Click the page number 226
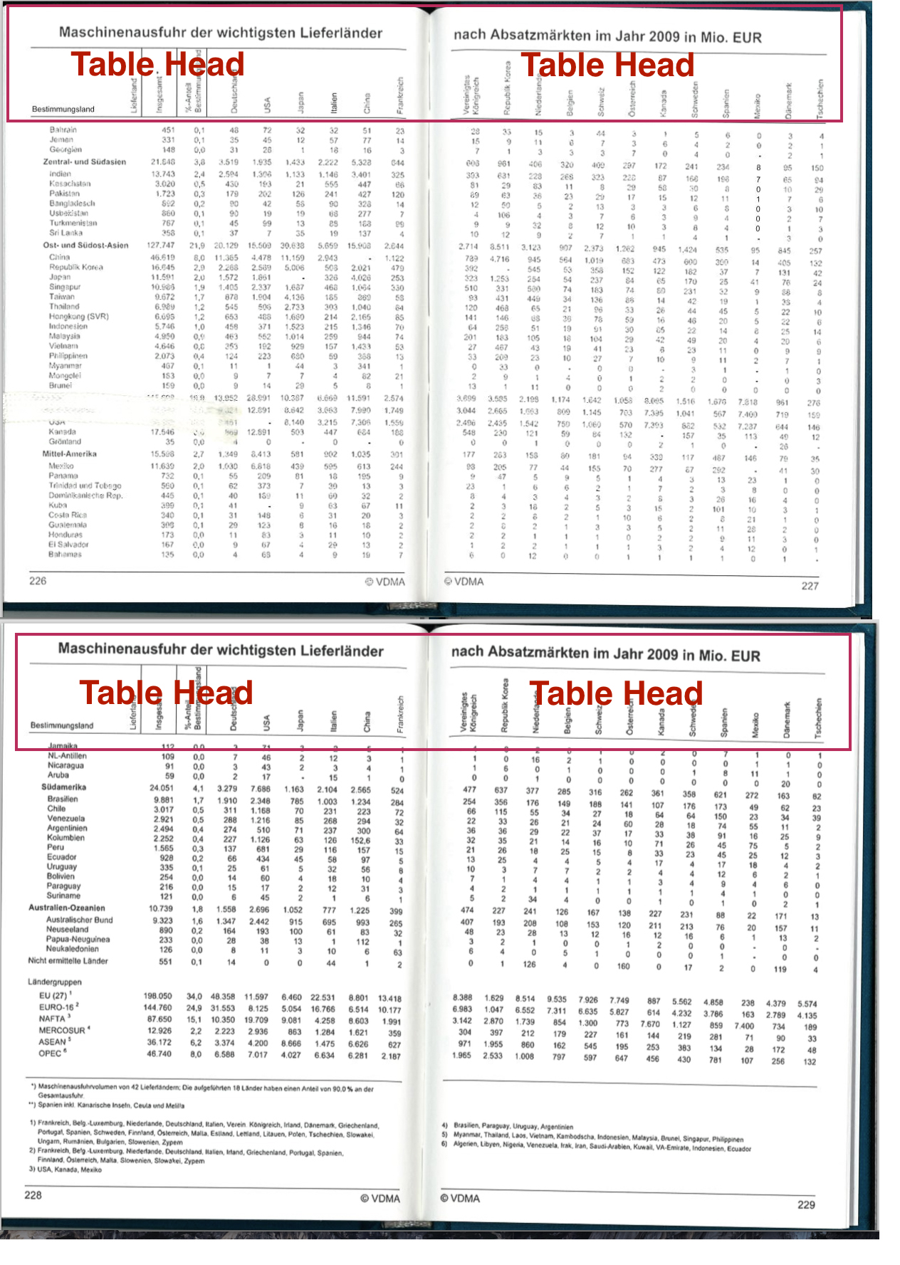pos(38,581)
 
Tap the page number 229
pos(806,1204)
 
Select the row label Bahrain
pos(63,130)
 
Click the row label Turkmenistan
pos(73,223)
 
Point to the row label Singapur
pos(65,287)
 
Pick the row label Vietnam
pos(63,346)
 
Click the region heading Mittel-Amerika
pos(70,453)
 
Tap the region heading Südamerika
pos(64,787)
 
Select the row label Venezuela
pos(66,819)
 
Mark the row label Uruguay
pos(62,867)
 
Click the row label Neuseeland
pos(68,930)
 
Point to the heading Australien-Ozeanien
pos(67,908)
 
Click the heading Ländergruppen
pos(55,982)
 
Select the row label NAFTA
pos(52,1019)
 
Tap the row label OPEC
pos(50,1053)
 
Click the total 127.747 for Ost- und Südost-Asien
pos(161,246)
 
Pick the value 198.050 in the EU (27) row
pos(158,997)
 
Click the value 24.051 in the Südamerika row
pos(161,788)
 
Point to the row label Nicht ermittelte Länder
pos(68,961)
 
